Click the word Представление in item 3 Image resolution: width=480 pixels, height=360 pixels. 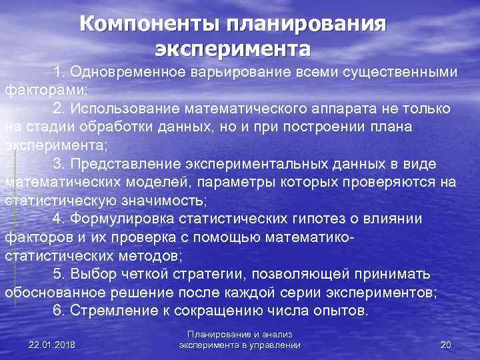[125, 163]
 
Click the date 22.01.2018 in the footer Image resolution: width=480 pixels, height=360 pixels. [52, 344]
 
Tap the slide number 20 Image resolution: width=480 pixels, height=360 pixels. [446, 344]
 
